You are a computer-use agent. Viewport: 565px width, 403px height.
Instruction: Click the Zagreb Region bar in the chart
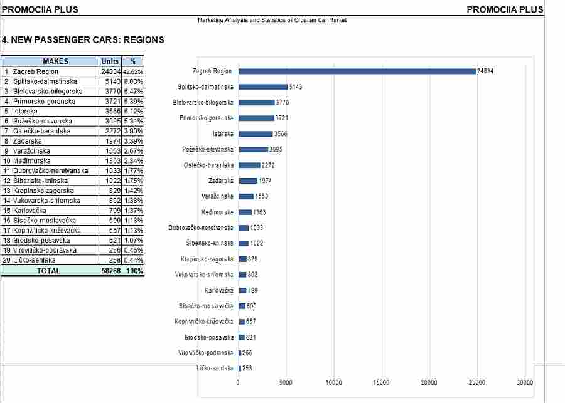pyautogui.click(x=357, y=71)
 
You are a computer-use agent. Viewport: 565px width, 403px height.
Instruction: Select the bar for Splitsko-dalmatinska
pyautogui.click(x=263, y=86)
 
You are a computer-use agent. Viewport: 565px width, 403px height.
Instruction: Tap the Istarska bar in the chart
pyautogui.click(x=256, y=134)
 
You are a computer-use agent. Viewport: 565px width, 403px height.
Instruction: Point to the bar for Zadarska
pyautogui.click(x=248, y=181)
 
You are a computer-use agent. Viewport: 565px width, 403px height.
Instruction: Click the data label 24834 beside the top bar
pyautogui.click(x=485, y=71)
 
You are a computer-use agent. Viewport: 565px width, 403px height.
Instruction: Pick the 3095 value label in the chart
pyautogui.click(x=276, y=149)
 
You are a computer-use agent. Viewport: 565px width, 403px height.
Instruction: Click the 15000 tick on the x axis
pyautogui.click(x=381, y=382)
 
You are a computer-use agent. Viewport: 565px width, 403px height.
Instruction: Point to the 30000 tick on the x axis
pyautogui.click(x=525, y=382)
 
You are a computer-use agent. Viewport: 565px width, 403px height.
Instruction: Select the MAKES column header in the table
pyautogui.click(x=55, y=61)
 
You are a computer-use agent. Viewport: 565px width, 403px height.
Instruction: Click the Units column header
pyautogui.click(x=110, y=61)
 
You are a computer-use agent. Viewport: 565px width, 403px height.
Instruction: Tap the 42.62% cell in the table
pyautogui.click(x=133, y=71)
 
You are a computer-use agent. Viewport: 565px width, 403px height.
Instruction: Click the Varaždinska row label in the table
pyautogui.click(x=32, y=151)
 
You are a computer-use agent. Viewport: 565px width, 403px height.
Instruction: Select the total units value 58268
pyautogui.click(x=111, y=271)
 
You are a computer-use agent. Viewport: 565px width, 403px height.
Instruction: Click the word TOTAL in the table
pyautogui.click(x=48, y=271)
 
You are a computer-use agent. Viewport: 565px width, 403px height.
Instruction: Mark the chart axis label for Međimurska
pyautogui.click(x=217, y=212)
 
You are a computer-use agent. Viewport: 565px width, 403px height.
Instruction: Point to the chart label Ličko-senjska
pyautogui.click(x=215, y=368)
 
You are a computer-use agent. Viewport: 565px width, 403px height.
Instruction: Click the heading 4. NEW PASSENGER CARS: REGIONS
pyautogui.click(x=83, y=39)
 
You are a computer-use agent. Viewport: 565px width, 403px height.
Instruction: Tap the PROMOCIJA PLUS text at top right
pyautogui.click(x=505, y=9)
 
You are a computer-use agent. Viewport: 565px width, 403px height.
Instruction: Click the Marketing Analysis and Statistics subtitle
pyautogui.click(x=272, y=20)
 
